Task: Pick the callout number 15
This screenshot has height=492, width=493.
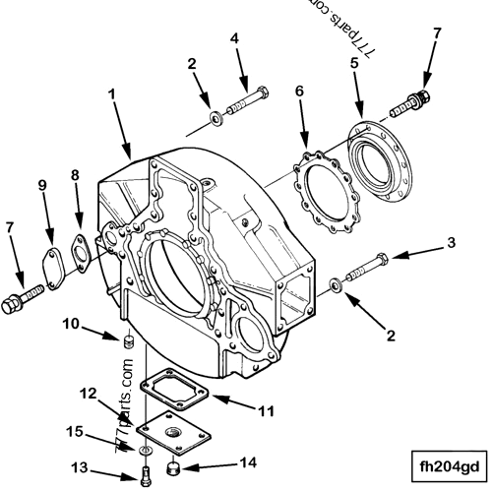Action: coord(101,430)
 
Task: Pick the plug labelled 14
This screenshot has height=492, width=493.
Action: coord(173,467)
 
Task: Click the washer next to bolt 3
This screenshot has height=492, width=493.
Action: coord(339,284)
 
